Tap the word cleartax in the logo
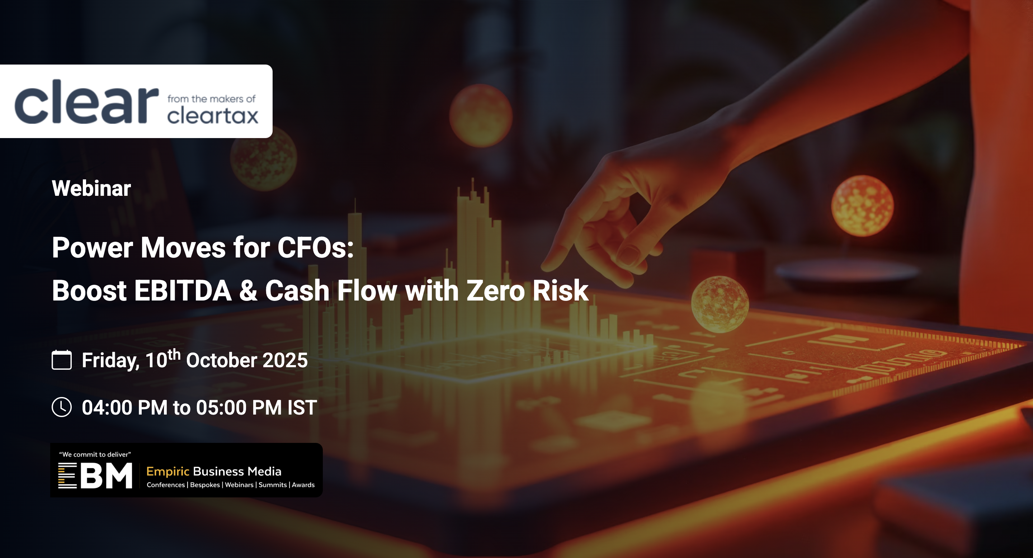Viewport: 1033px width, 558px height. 213,115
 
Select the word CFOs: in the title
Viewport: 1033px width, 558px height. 316,247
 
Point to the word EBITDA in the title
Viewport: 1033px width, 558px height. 183,290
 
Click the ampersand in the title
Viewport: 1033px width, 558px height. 248,290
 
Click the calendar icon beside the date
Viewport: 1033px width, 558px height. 62,360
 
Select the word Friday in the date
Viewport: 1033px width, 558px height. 110,360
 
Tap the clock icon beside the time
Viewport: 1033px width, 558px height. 62,407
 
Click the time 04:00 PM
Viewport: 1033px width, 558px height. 125,407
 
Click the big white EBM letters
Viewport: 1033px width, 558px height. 95,476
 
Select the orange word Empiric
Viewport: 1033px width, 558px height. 168,472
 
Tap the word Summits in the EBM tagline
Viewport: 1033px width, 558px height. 273,484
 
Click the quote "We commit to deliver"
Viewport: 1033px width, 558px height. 95,454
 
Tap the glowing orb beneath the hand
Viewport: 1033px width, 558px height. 720,304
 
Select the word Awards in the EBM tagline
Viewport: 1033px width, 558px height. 303,484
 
